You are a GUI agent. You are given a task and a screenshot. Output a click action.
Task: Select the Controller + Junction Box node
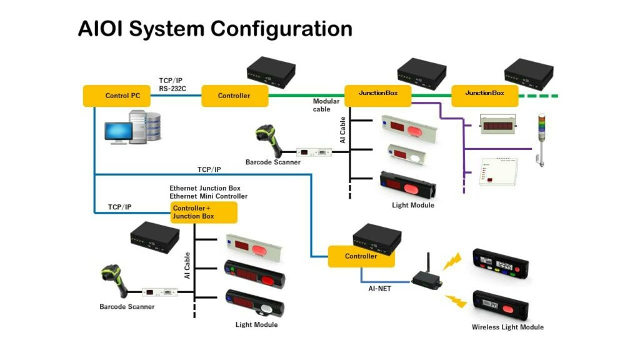(204, 212)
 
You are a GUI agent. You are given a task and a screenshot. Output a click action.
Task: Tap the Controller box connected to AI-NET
(361, 256)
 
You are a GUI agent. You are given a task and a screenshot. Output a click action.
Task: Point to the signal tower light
(541, 137)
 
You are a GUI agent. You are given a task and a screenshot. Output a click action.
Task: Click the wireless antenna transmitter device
(426, 276)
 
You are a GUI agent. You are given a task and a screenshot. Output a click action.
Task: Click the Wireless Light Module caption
(507, 327)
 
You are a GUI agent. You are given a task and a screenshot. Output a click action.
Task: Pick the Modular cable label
(326, 105)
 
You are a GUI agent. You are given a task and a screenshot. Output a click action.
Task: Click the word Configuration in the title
(281, 29)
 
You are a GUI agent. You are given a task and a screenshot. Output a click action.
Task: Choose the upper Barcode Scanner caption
(272, 162)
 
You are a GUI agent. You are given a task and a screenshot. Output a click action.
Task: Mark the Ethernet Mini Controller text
(208, 196)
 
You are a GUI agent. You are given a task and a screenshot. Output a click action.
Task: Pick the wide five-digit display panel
(498, 124)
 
